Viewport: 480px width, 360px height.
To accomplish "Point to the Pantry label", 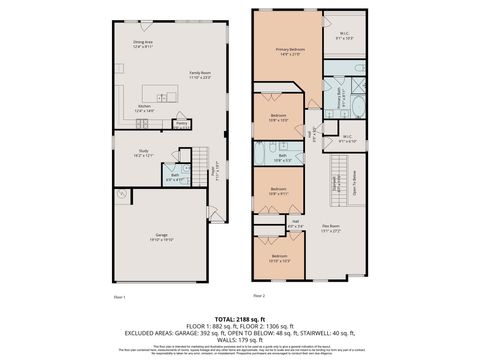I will click(x=181, y=124).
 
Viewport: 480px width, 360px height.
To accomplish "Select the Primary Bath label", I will click(x=341, y=96).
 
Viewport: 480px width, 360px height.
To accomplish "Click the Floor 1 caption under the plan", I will click(x=119, y=297).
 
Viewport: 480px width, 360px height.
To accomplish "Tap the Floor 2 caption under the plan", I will click(x=259, y=297).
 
